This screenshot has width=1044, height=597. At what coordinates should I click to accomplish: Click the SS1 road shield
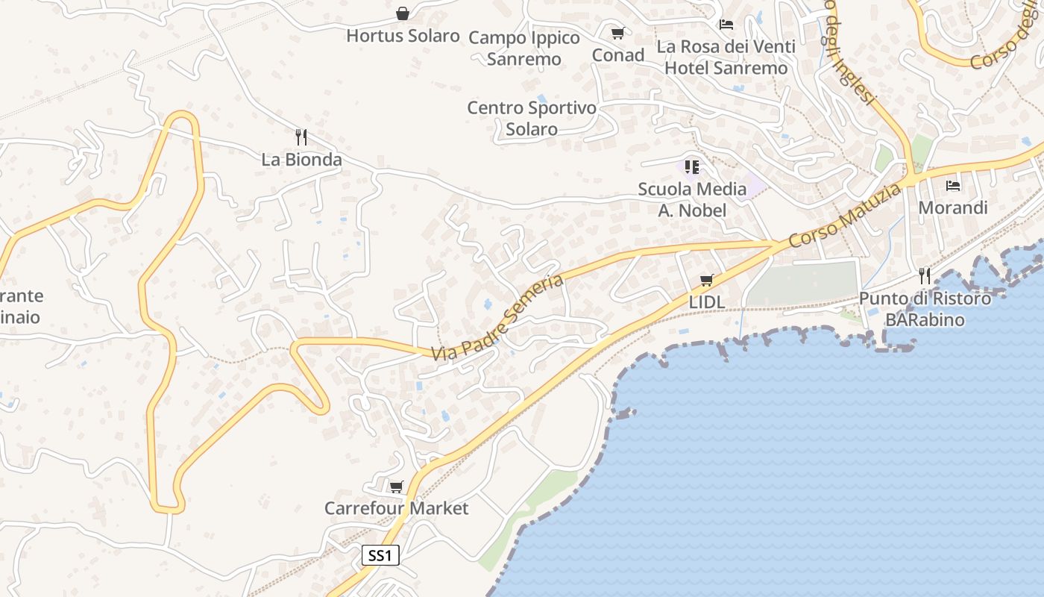coord(380,555)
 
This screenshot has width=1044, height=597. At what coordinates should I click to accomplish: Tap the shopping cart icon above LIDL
coord(706,281)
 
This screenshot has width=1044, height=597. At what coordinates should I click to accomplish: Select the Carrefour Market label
coord(396,508)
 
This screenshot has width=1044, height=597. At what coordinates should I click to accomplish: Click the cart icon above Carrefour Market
coord(396,487)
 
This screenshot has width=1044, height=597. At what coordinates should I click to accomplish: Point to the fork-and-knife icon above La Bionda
coord(301,137)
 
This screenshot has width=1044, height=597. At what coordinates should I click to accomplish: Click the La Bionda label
coord(301,159)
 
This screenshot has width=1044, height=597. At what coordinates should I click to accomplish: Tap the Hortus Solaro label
coord(403,35)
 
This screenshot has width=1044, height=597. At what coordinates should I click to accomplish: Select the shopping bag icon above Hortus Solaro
coord(403,13)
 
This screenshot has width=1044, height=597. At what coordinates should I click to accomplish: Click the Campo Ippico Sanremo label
coord(524,48)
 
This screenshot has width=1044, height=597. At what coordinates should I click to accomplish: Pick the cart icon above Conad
coord(617,33)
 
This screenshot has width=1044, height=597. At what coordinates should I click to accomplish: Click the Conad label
coord(617,54)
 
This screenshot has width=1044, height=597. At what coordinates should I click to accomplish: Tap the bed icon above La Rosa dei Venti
coord(726,24)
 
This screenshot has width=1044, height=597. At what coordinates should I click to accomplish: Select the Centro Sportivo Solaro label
coord(532,118)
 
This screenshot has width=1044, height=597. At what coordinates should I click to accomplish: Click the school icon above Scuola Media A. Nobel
coord(692,166)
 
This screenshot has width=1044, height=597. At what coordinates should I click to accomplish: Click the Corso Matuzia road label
coord(844,216)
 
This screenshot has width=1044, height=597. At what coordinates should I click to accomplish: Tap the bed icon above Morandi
coord(952,185)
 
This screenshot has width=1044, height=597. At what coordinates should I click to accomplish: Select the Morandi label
coord(952,207)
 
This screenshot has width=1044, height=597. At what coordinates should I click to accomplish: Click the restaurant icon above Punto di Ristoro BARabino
coord(925,276)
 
